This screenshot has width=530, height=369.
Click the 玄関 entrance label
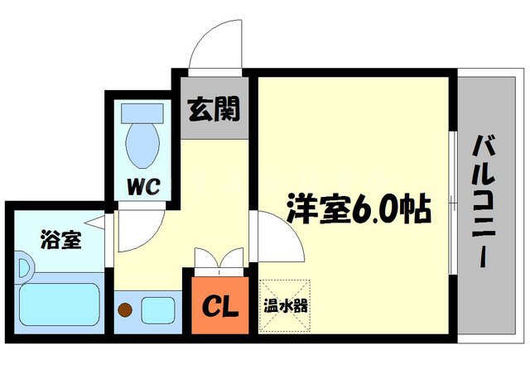(213, 108)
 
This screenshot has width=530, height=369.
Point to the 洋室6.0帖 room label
(359, 211)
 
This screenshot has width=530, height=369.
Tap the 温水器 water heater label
(286, 305)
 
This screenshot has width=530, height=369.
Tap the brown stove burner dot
(126, 311)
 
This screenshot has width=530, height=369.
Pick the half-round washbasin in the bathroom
(22, 270)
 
